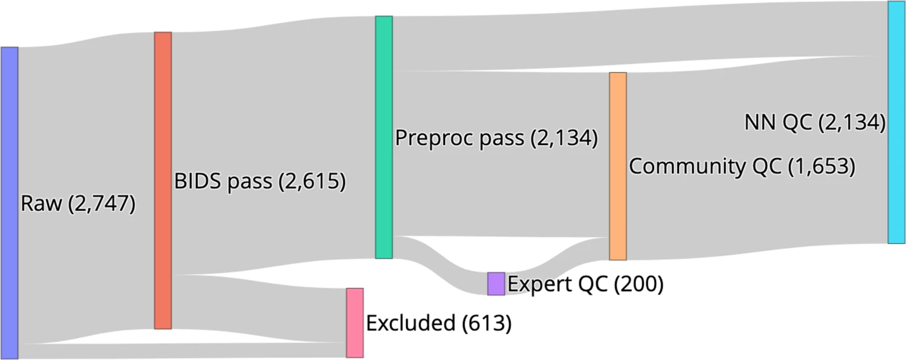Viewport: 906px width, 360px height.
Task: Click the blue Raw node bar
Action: click(9, 202)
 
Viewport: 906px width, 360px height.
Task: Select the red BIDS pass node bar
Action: click(163, 180)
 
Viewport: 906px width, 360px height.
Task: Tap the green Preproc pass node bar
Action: click(384, 137)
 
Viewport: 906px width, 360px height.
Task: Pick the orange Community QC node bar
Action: click(618, 166)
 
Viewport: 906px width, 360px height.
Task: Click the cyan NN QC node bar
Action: click(896, 122)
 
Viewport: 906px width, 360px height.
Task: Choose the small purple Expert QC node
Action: click(496, 283)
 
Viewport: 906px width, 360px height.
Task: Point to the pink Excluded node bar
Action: click(355, 323)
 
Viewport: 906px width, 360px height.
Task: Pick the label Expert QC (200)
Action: click(585, 284)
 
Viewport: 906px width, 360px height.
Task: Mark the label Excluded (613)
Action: click(439, 324)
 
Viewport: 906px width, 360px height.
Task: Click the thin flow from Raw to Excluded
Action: click(181, 350)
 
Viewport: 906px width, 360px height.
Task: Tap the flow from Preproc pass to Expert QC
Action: click(441, 266)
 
